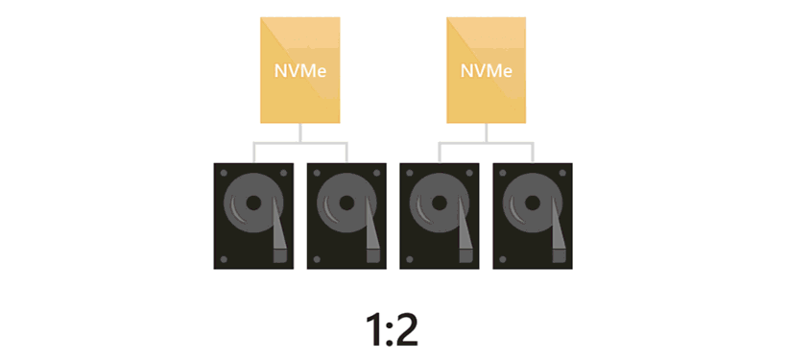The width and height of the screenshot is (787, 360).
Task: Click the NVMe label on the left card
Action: coord(300,71)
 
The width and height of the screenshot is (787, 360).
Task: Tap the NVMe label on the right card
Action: coord(487,71)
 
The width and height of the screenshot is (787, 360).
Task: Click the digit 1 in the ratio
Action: coord(374,330)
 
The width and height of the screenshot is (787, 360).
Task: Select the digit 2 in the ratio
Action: coord(406,330)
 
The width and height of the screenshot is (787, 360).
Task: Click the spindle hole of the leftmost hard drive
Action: coord(253,203)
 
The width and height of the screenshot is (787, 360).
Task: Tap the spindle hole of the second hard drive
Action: coord(346,203)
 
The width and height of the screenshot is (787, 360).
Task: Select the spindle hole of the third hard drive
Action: coord(440,203)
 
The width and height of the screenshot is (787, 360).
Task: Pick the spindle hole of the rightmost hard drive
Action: coord(533,203)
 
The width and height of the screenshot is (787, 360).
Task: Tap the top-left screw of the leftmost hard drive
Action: coord(224,173)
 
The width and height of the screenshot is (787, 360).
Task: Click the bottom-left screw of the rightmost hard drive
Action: coord(503,259)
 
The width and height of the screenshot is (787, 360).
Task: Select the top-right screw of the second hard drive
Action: coord(376,173)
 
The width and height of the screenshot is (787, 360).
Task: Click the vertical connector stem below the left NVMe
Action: coord(300,133)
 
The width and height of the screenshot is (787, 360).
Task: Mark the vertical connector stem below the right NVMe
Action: coord(487,133)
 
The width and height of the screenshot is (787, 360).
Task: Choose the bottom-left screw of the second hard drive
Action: coord(317,259)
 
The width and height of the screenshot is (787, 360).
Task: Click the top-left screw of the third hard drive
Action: coord(410,173)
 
